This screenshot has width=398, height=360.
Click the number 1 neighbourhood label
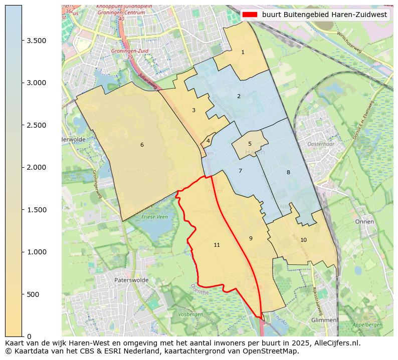243,52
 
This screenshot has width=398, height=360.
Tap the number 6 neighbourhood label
142,145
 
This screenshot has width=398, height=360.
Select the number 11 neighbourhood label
217,245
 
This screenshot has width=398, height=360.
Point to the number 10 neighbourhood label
303,240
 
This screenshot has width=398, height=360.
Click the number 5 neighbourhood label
250,144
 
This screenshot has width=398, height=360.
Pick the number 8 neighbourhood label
288,172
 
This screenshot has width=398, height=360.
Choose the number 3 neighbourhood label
193,110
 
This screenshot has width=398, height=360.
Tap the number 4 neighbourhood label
208,141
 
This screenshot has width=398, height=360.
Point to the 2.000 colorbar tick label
37,167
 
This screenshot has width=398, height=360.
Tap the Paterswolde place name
131,280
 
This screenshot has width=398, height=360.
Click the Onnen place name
364,221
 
